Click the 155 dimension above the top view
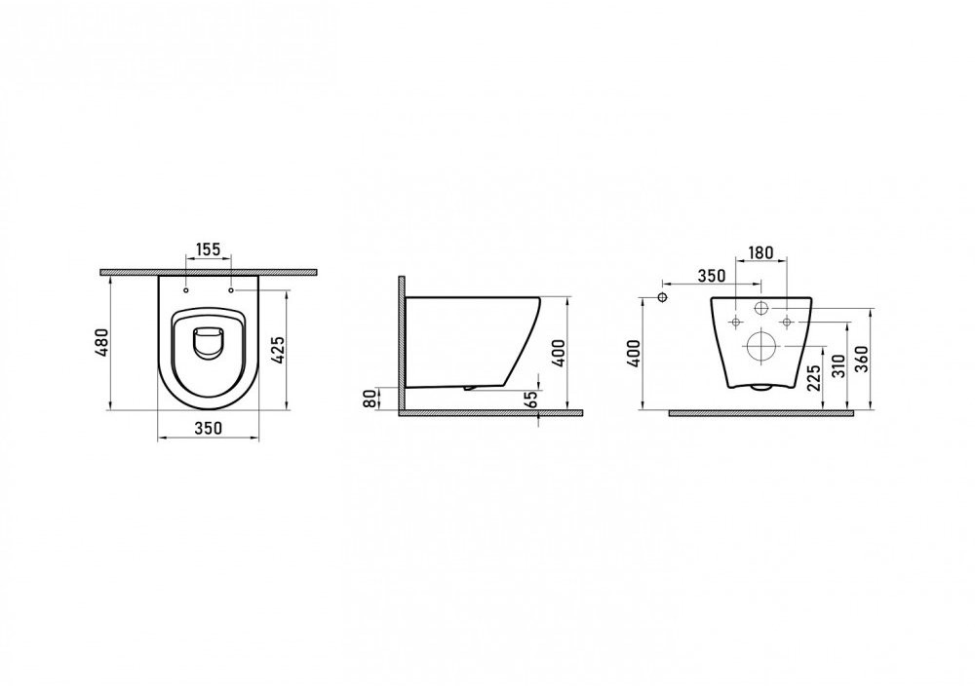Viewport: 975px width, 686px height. coord(209,249)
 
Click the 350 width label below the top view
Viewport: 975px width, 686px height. coord(209,428)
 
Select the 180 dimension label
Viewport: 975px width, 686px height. coord(760,253)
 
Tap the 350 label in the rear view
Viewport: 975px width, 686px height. coord(712,276)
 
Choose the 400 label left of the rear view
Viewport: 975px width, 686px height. coord(634,353)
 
